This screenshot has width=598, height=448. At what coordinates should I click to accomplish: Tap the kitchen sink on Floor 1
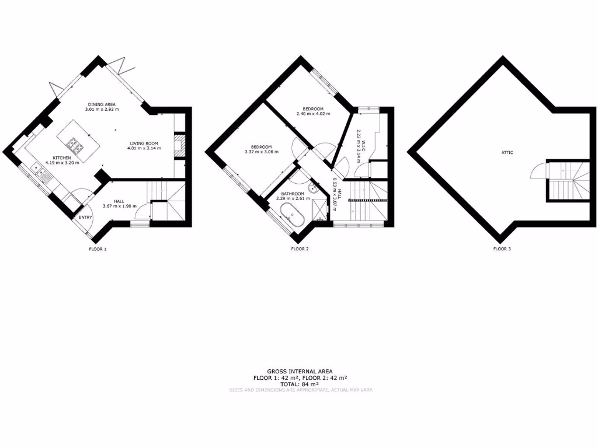tap(39, 171)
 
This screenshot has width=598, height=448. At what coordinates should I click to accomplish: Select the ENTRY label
tap(85, 218)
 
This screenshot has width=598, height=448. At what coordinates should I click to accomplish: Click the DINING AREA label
tap(101, 104)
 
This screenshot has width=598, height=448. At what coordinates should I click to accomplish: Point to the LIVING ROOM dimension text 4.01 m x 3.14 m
tap(143, 148)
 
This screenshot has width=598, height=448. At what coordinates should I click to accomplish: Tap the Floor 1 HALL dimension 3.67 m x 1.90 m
tap(119, 206)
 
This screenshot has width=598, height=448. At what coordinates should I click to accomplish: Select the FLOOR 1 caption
tap(97, 249)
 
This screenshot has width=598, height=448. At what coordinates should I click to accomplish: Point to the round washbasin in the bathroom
tap(314, 188)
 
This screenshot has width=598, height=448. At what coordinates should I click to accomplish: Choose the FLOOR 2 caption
tap(300, 249)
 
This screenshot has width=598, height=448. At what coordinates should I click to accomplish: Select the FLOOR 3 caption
tap(502, 249)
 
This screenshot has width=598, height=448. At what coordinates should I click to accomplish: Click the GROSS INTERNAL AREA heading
tap(300, 371)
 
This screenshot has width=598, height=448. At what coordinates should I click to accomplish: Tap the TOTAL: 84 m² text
tap(300, 384)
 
